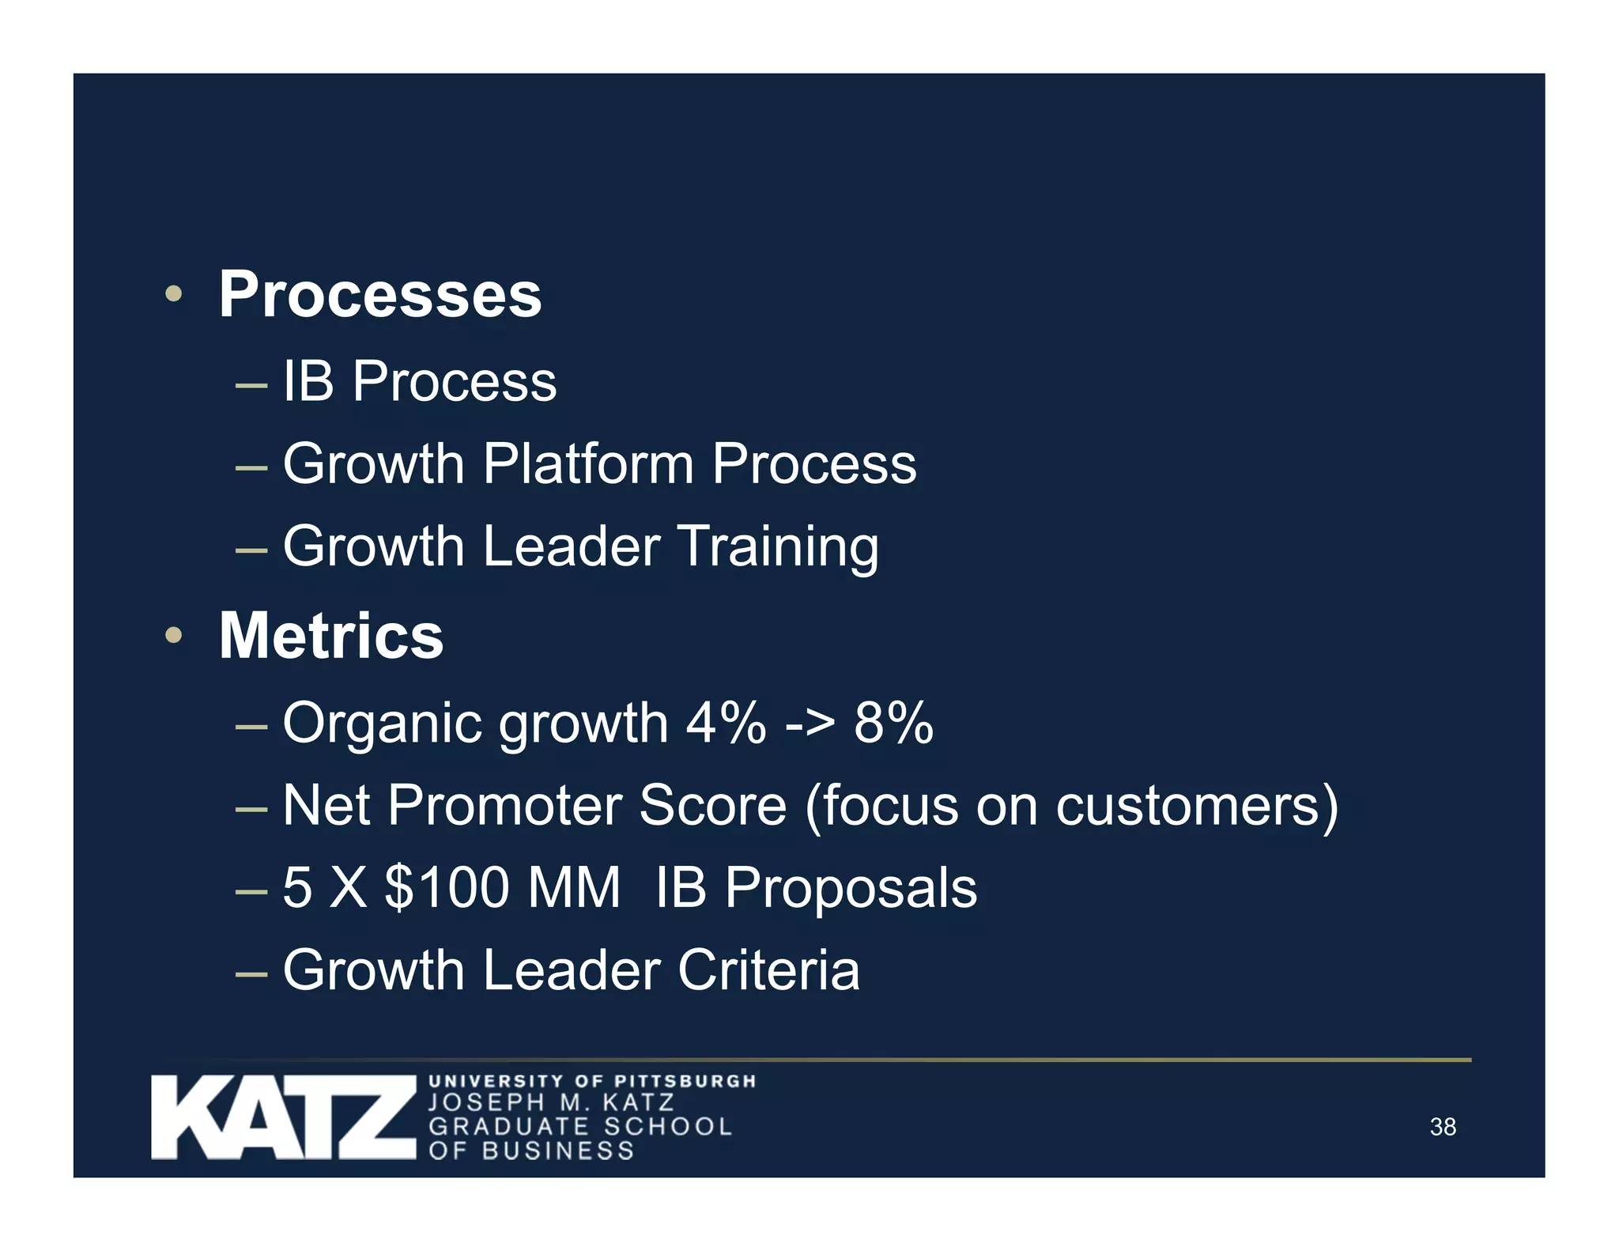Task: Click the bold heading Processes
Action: point(379,295)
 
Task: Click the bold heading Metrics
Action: point(330,636)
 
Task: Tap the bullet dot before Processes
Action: point(173,295)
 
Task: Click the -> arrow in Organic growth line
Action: point(809,724)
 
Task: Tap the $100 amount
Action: point(446,887)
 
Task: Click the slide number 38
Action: point(1442,1127)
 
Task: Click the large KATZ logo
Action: point(283,1117)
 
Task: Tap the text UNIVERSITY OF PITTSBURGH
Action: point(592,1081)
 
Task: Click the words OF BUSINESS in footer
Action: point(531,1151)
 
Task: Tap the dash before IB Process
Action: point(251,386)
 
